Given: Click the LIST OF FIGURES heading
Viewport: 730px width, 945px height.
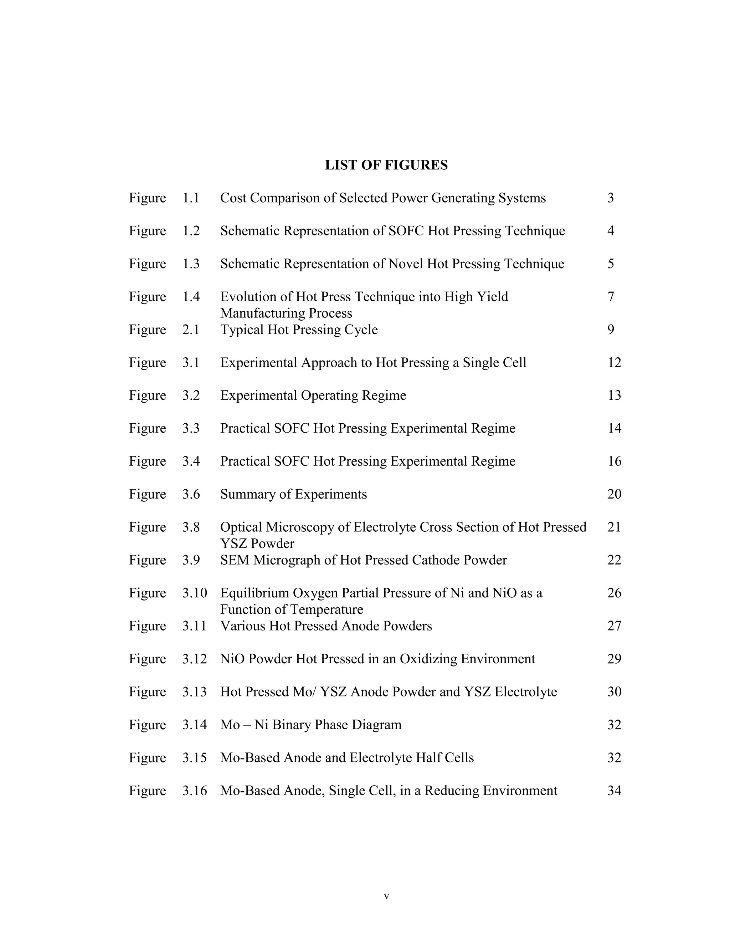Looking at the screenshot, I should [386, 165].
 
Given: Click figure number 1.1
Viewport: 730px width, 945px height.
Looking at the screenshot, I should [191, 198].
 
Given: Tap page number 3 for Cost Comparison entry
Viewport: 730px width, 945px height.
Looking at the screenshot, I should [610, 198].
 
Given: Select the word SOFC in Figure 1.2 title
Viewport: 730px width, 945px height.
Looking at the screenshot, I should [406, 231].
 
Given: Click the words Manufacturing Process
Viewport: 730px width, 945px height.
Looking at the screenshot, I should [286, 313].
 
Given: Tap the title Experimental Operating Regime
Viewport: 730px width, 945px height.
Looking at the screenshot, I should [313, 395].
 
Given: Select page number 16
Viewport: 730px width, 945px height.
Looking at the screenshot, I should [614, 461].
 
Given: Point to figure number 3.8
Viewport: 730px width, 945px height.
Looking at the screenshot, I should [191, 527].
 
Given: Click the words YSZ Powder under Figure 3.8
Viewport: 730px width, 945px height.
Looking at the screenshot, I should [257, 543].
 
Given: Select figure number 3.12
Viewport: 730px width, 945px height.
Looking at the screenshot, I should [194, 659].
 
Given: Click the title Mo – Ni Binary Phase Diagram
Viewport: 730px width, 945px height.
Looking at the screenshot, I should [310, 724].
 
